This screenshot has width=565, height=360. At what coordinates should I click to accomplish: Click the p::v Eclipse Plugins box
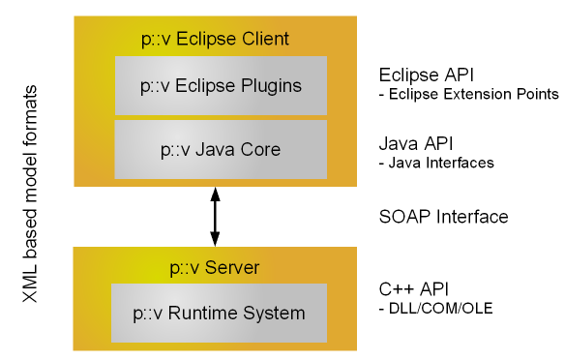click(x=221, y=85)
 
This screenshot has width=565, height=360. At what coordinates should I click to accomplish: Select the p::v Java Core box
click(x=221, y=150)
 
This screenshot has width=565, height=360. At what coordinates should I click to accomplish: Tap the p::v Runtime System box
click(x=221, y=313)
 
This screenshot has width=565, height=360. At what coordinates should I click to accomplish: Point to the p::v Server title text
click(x=215, y=266)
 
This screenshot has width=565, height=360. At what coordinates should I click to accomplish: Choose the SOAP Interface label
click(x=443, y=217)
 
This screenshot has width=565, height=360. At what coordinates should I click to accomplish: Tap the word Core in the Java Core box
click(x=261, y=150)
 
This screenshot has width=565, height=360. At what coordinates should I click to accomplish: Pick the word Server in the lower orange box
click(x=237, y=266)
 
